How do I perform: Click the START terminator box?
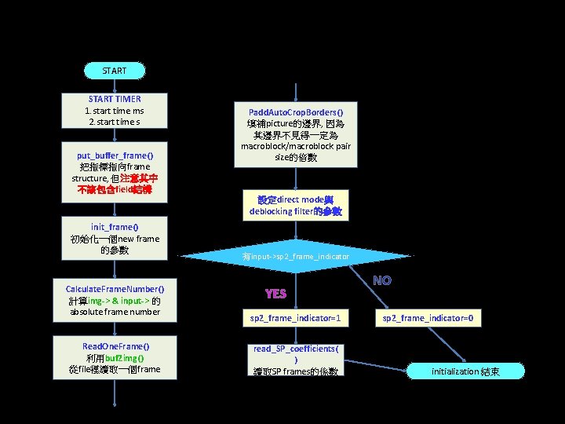114,71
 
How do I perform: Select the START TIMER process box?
115,111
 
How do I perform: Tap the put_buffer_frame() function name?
115,155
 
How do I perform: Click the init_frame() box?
115,239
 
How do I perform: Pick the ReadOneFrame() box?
115,358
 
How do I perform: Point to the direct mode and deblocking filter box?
296,206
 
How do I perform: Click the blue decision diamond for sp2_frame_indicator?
296,257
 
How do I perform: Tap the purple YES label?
276,294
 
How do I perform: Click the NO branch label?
382,280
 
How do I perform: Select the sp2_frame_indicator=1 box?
295,318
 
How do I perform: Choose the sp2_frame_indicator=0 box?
432,318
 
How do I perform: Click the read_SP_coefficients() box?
295,360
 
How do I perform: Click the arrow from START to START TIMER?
114,86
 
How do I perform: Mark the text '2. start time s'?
115,122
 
